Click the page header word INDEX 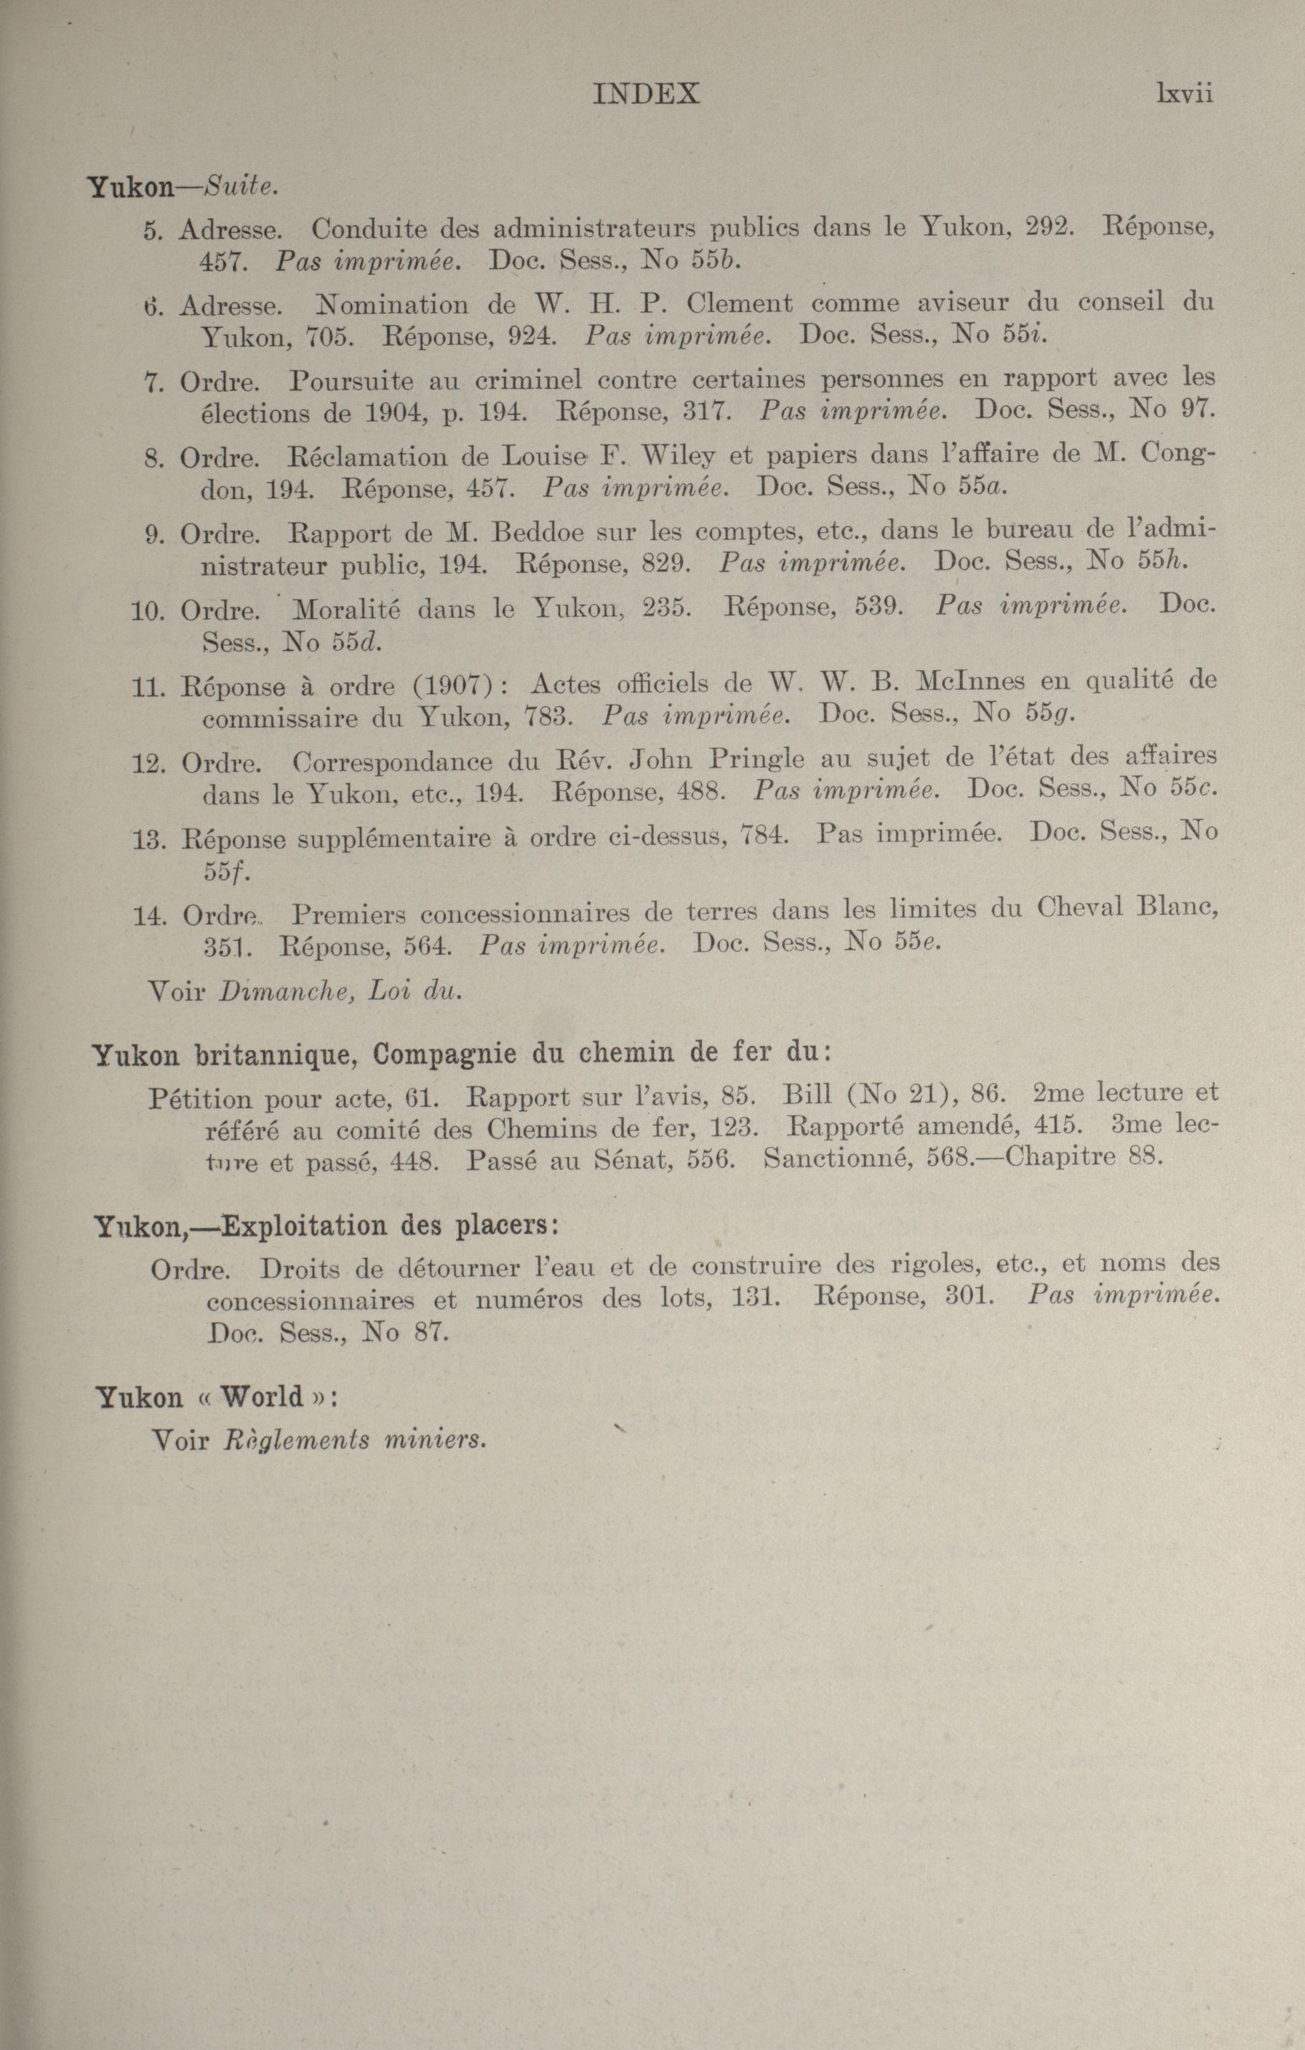645,94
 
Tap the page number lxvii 1183,94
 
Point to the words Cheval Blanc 1125,907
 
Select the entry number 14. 148,916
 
